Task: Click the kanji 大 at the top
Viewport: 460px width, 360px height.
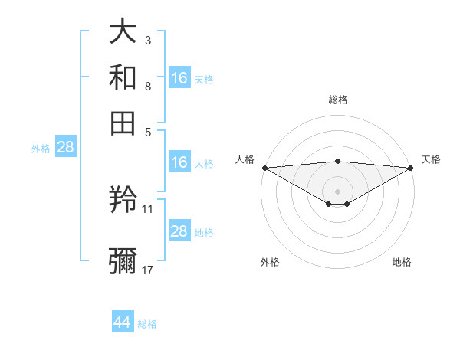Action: (x=123, y=32)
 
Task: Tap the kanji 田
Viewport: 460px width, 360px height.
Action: (x=123, y=122)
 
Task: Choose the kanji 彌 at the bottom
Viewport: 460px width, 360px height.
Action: (x=123, y=260)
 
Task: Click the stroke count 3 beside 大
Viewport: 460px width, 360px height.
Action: (x=148, y=40)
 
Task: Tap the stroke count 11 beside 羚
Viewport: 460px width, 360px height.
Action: (x=148, y=208)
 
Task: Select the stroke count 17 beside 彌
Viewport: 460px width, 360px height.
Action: (x=148, y=270)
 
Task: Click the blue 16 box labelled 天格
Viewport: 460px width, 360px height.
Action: (x=179, y=77)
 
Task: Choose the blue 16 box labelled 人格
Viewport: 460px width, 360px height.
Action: (x=179, y=162)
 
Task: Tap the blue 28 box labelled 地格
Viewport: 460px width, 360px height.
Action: (x=179, y=231)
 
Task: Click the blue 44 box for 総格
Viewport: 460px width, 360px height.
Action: (x=123, y=322)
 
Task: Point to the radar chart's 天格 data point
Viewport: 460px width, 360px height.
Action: (x=410, y=168)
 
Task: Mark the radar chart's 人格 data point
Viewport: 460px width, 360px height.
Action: (x=264, y=168)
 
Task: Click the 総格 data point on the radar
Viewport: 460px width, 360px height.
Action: (x=337, y=162)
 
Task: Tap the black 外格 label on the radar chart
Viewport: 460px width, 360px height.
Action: (x=270, y=262)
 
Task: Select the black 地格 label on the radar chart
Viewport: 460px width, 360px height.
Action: (x=402, y=262)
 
